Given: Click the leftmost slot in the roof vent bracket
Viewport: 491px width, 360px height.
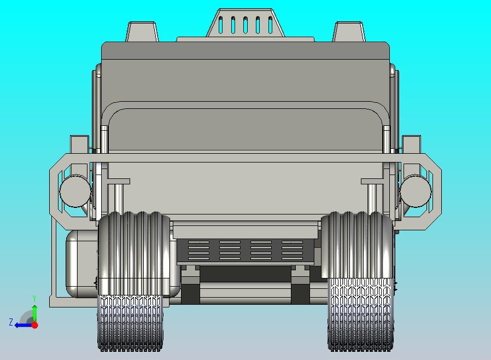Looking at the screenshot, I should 220,25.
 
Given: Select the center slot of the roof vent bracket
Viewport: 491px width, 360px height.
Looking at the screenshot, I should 245,25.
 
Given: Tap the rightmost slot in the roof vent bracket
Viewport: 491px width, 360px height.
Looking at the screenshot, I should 270,25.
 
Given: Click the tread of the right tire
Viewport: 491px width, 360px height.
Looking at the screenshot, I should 360,315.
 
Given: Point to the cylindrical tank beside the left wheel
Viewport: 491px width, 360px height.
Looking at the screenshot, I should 82,264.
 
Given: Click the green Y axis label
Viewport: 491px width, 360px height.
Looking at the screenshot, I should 34,298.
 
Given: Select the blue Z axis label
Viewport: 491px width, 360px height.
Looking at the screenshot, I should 10,322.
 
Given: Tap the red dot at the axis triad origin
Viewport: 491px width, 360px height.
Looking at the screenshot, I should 34,325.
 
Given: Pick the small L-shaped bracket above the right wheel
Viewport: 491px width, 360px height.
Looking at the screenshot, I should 372,182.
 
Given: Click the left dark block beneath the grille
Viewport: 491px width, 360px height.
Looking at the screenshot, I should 190,293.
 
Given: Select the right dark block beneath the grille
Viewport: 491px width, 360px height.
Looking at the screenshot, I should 301,293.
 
